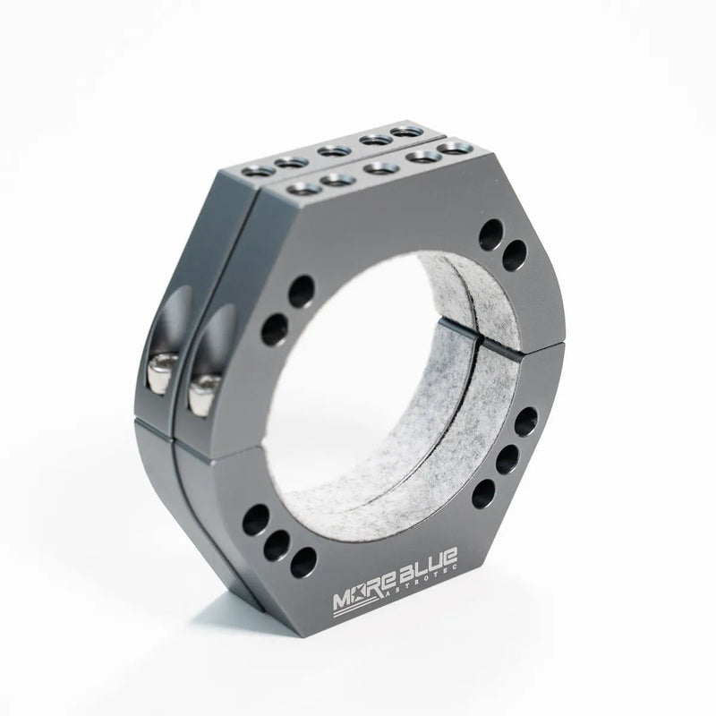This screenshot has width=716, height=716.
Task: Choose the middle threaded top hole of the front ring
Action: pyautogui.click(x=377, y=166)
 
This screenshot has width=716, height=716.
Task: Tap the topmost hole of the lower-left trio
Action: pyautogui.click(x=257, y=517)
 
